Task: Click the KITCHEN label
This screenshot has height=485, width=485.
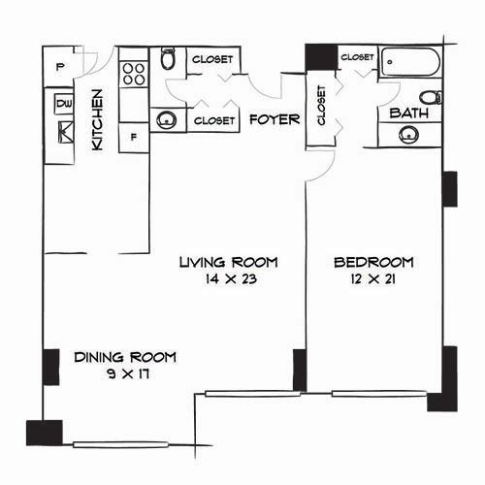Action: tap(97, 119)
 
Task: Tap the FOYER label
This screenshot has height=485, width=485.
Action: tap(275, 119)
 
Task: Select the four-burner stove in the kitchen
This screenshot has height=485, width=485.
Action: tap(134, 74)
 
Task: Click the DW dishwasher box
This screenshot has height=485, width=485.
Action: tap(64, 104)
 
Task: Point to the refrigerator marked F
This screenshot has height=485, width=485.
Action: tap(134, 138)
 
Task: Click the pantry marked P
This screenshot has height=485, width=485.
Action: tap(58, 67)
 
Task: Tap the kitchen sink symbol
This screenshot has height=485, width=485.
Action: tap(66, 132)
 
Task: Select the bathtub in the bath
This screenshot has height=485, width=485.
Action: tap(410, 62)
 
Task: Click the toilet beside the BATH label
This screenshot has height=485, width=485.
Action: tap(431, 97)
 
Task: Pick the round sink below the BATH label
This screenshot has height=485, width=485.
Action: tap(408, 135)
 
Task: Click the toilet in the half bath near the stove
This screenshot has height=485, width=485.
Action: tap(168, 58)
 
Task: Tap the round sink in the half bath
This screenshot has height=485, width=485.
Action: tap(167, 120)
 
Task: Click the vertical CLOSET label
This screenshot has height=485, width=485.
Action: tap(321, 106)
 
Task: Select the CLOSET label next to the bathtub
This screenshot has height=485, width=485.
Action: tap(357, 57)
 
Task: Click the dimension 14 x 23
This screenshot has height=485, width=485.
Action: tap(231, 278)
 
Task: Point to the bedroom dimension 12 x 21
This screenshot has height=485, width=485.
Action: tap(373, 278)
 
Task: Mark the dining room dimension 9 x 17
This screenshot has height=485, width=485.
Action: tap(128, 373)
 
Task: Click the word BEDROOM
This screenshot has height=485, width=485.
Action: tap(373, 262)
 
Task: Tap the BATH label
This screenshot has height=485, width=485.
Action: tap(409, 113)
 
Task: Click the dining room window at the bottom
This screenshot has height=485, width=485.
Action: tap(120, 444)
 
